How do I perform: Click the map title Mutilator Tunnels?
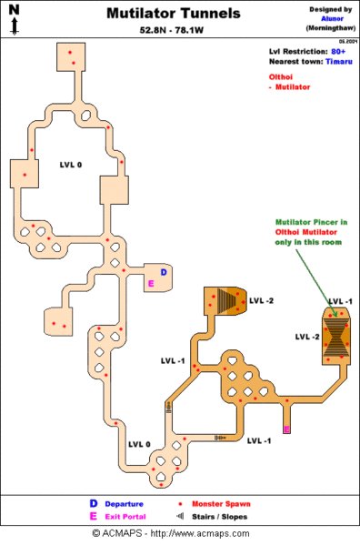(174, 14)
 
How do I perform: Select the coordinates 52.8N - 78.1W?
(173, 30)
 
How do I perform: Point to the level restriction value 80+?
(336, 52)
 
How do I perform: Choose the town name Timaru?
(338, 62)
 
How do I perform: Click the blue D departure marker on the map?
(163, 272)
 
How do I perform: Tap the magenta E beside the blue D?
(151, 283)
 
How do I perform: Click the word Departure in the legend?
(123, 503)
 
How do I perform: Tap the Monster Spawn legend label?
(221, 503)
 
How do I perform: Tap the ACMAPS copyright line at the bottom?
(179, 533)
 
